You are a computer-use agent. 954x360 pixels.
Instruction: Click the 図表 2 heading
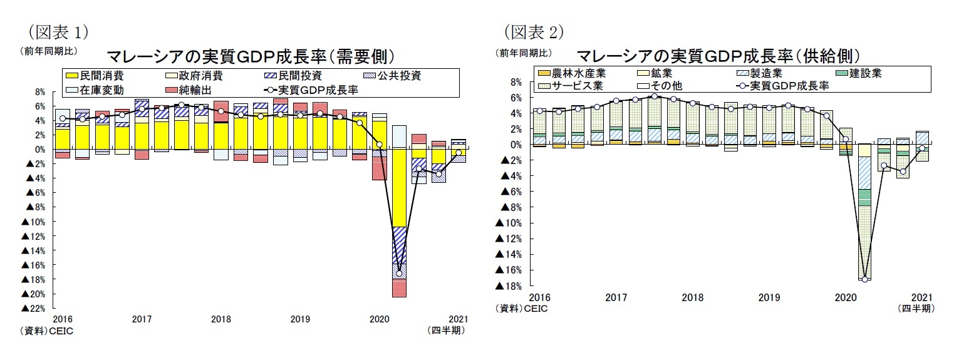click(534, 31)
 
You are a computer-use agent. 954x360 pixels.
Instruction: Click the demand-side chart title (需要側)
click(251, 56)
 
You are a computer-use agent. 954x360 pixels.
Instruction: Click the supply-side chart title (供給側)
click(718, 56)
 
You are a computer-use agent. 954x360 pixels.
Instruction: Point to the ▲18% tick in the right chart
click(508, 286)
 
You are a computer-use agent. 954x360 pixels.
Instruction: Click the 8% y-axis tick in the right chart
click(516, 82)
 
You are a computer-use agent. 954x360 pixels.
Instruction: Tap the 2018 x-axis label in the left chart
click(221, 319)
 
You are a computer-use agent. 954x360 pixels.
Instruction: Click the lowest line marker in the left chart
click(399, 274)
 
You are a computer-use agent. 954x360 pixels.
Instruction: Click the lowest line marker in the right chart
click(865, 279)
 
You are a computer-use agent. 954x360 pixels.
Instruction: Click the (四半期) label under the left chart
click(445, 331)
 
